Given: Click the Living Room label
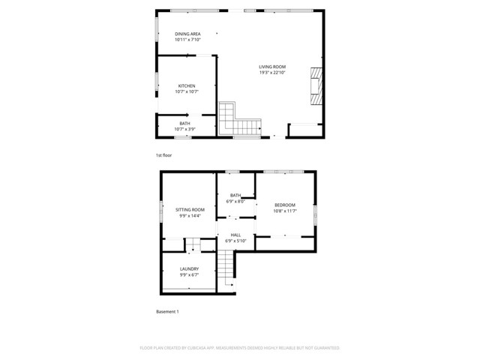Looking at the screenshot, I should pyautogui.click(x=272, y=67).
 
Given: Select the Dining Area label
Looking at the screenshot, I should pyautogui.click(x=187, y=34).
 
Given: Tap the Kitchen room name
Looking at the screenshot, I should pyautogui.click(x=187, y=85).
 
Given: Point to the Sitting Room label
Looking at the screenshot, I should pyautogui.click(x=190, y=209).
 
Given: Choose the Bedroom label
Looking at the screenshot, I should pyautogui.click(x=285, y=205).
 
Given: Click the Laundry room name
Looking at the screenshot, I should pyautogui.click(x=189, y=268).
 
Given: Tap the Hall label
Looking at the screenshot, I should pyautogui.click(x=235, y=235).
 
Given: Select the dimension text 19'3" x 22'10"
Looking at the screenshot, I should pyautogui.click(x=272, y=73).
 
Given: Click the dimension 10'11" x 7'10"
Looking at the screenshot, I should pyautogui.click(x=187, y=40).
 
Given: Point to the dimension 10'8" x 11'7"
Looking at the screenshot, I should pyautogui.click(x=285, y=211).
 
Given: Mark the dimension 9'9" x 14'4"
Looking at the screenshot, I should pyautogui.click(x=190, y=215).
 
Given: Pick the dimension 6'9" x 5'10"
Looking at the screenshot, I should pyautogui.click(x=235, y=241).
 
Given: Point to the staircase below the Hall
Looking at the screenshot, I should pyautogui.click(x=227, y=266).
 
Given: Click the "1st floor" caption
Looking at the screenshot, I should pyautogui.click(x=163, y=155).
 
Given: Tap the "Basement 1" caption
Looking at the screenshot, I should pyautogui.click(x=168, y=311).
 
